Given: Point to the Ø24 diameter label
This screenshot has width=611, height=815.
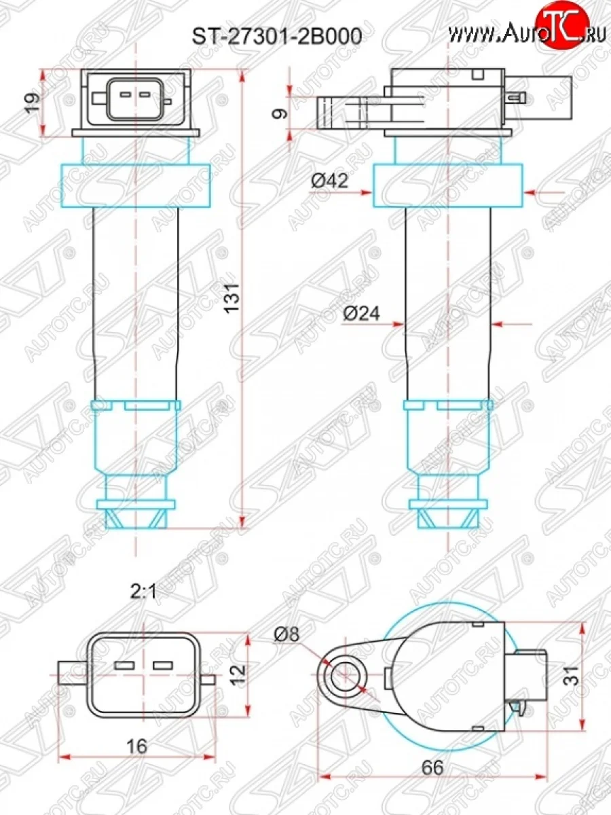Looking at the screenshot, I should point(360,313).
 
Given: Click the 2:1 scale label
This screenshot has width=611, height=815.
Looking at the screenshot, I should point(143,592).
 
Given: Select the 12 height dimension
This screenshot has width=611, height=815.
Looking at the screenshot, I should point(235,674).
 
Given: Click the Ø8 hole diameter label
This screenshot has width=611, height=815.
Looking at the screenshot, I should point(287,635).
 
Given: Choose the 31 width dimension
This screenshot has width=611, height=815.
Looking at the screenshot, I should point(572,675).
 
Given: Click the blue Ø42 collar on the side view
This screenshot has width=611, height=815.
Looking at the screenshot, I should point(448,183).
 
